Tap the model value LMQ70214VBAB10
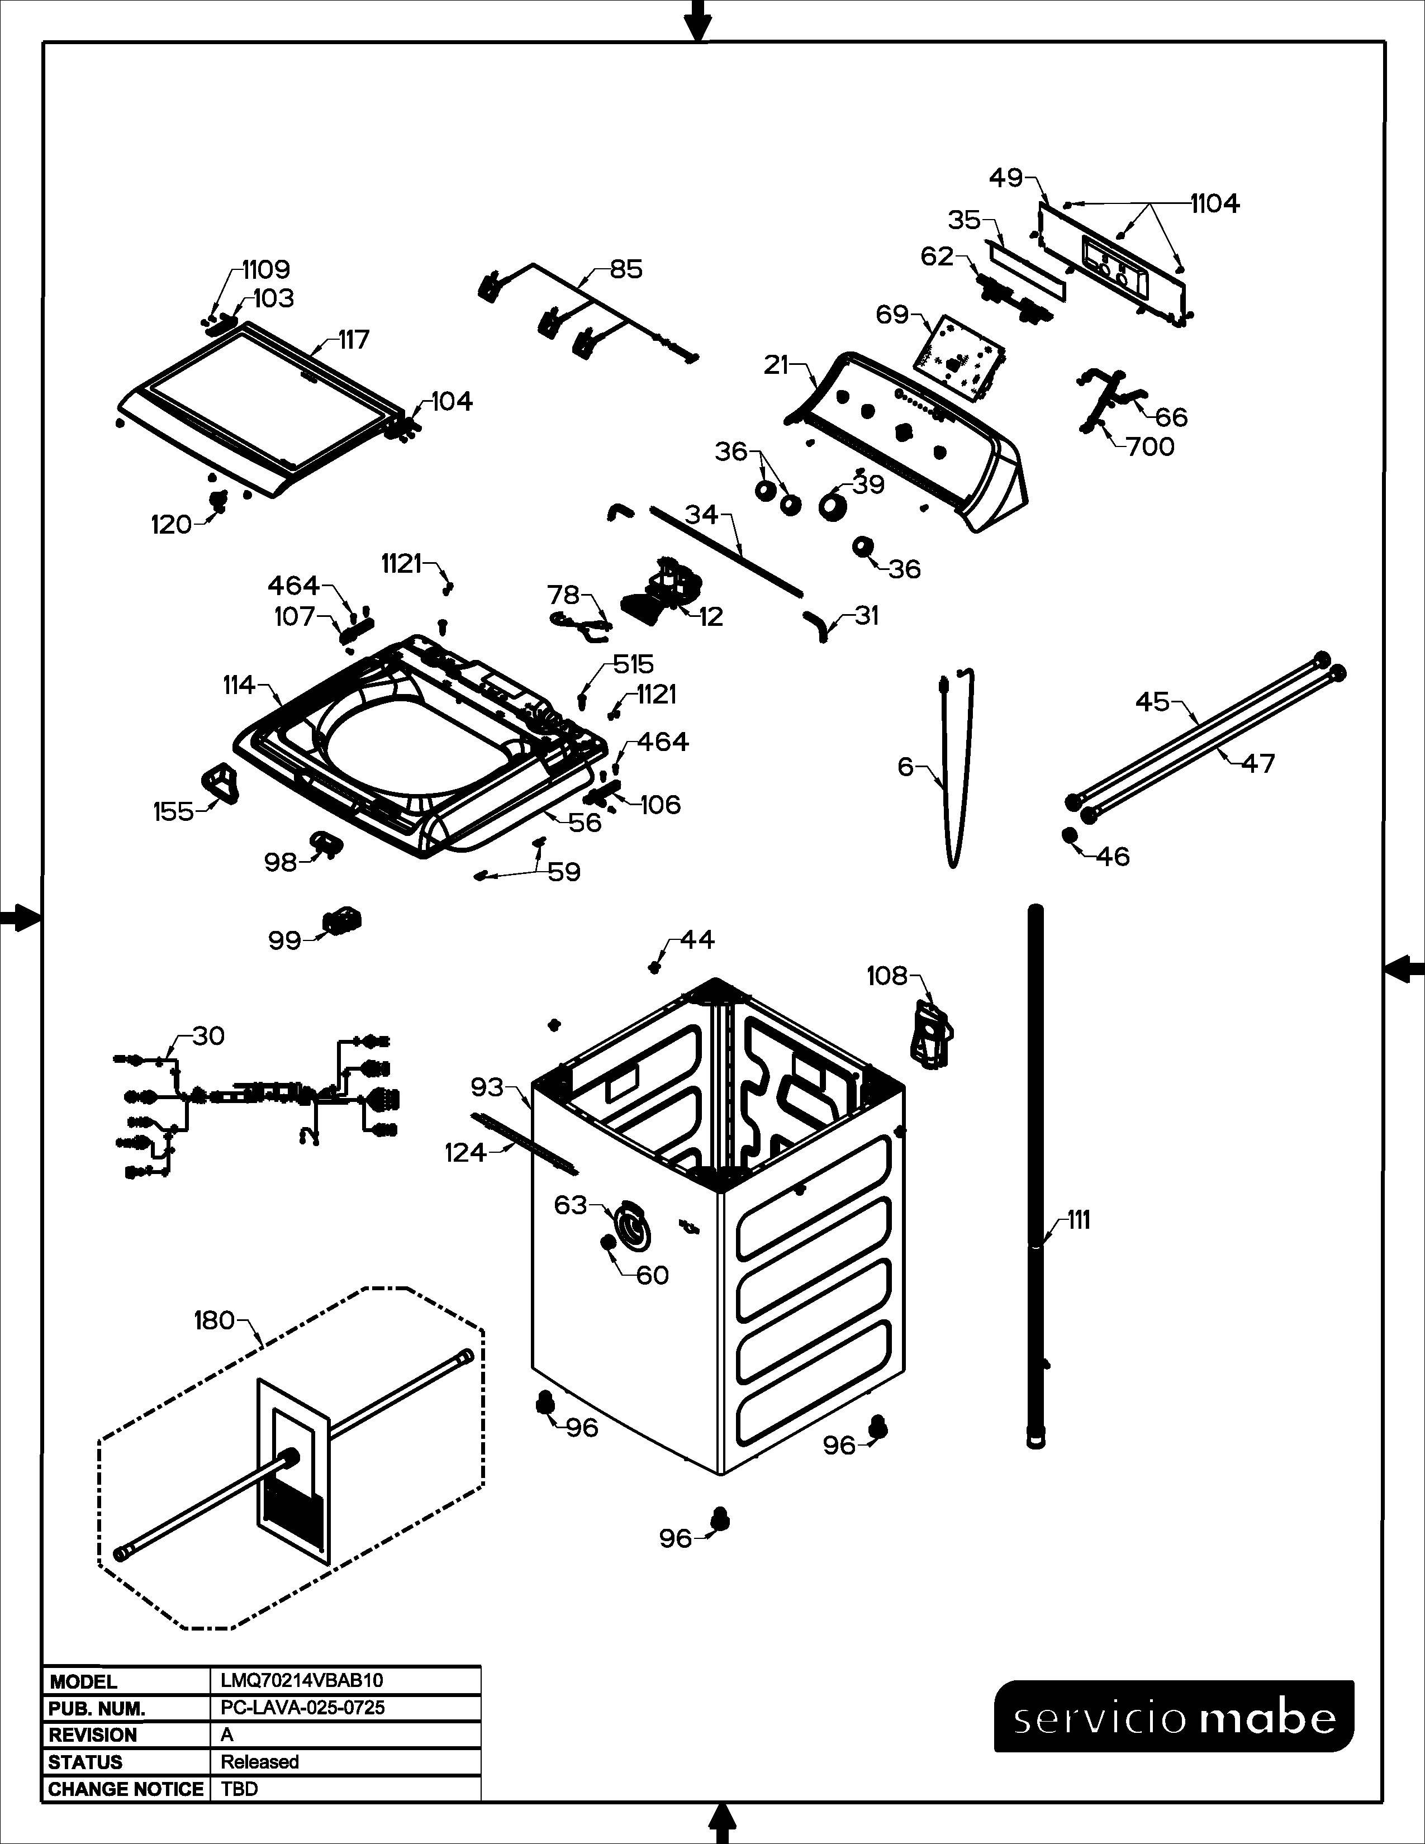pos(301,1680)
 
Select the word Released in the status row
pos(259,1762)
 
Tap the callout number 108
pos(886,976)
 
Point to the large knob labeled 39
pos(835,505)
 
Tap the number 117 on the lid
pos(354,339)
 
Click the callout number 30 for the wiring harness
pos(208,1036)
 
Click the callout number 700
pos(1150,446)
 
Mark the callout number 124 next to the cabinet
pos(465,1152)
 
